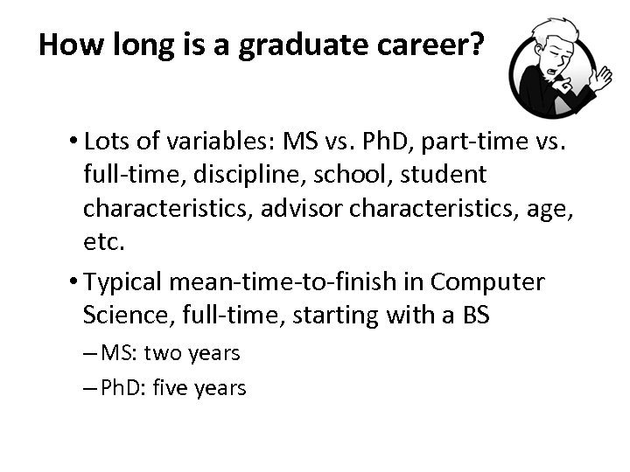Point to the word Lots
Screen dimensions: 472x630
pyautogui.click(x=108, y=143)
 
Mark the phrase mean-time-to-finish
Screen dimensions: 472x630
pyautogui.click(x=302, y=282)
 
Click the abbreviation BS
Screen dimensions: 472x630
pyautogui.click(x=475, y=314)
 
